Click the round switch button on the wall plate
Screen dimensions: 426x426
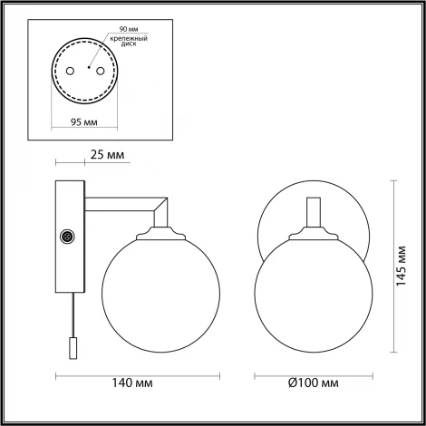point(65,237)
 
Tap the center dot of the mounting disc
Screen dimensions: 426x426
point(88,67)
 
